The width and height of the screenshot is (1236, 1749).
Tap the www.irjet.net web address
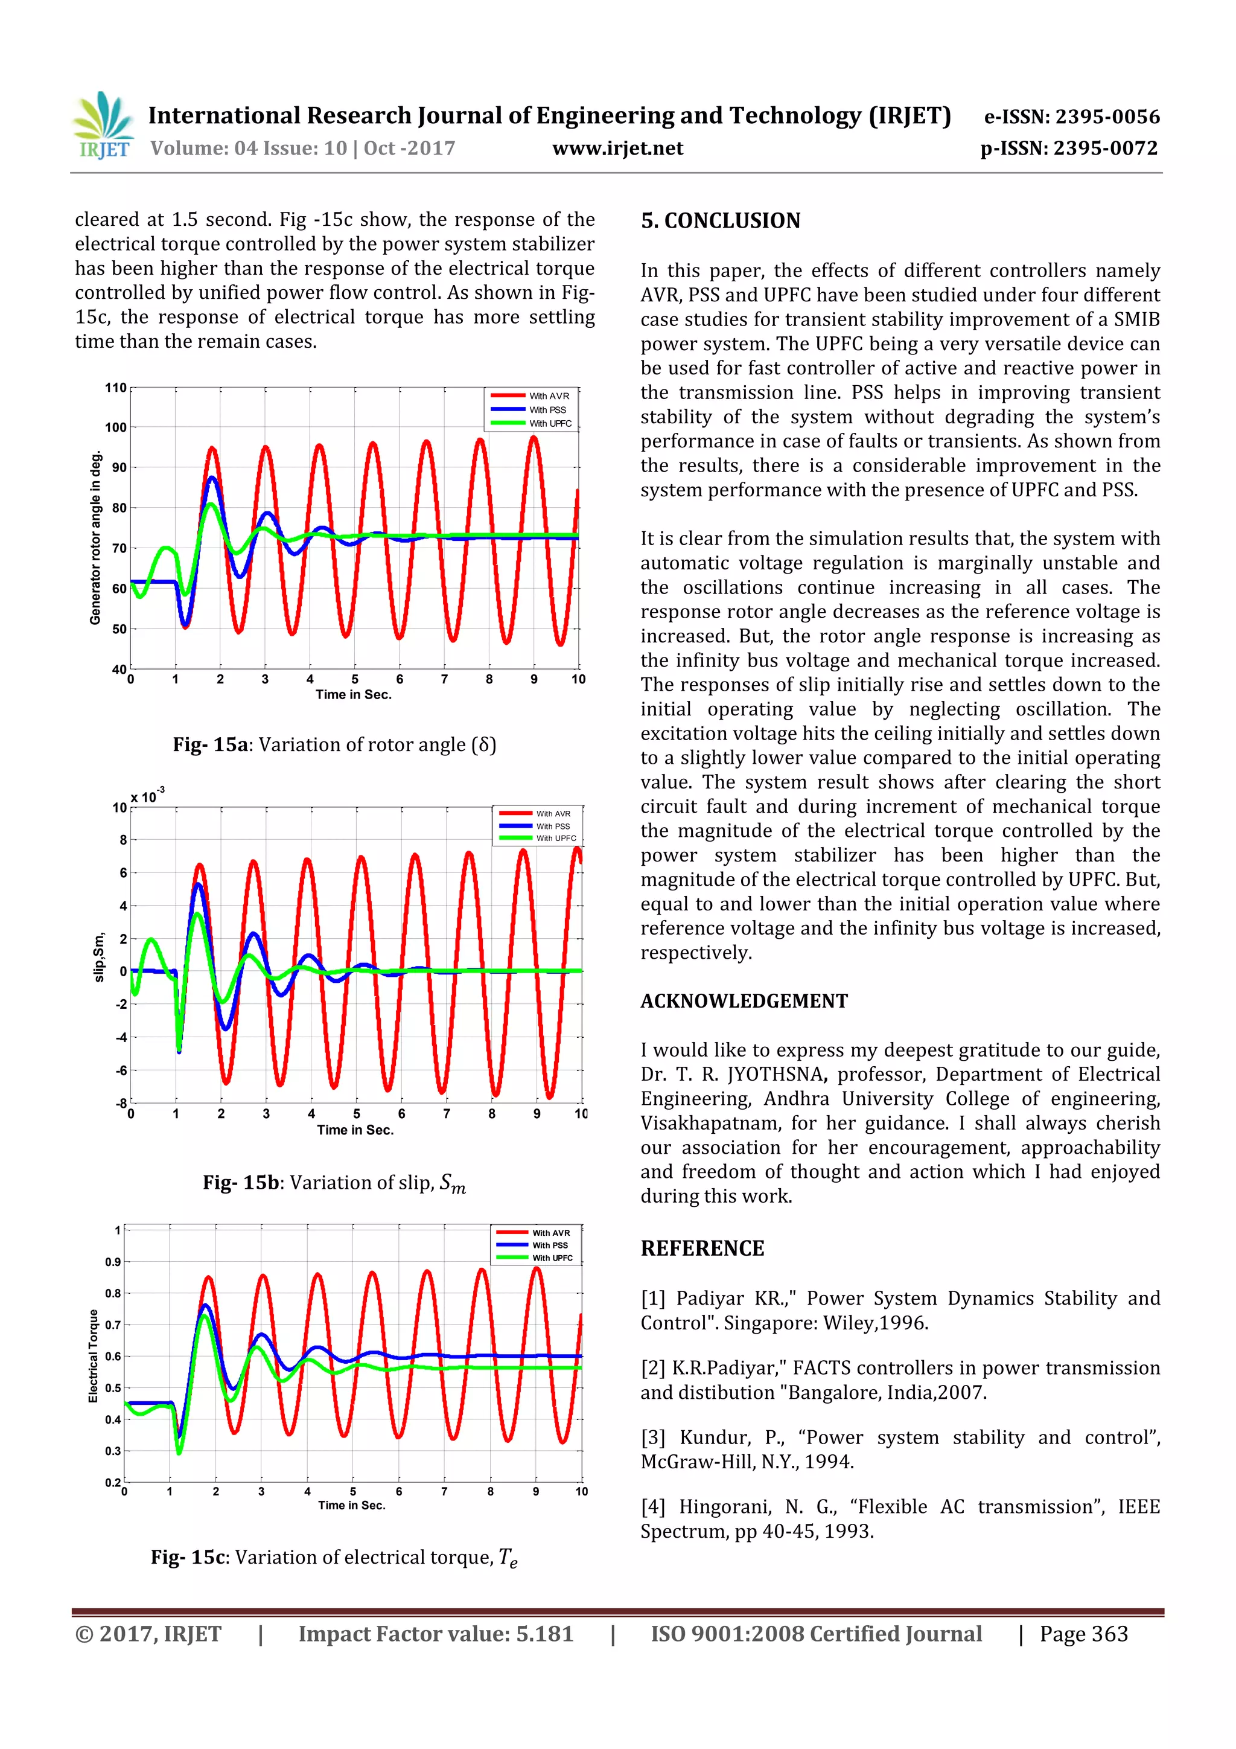click(x=617, y=148)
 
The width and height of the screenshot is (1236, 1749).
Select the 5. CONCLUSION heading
click(x=719, y=221)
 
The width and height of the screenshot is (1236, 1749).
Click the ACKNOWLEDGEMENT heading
click(x=744, y=1001)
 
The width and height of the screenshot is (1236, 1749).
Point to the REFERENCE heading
click(x=701, y=1248)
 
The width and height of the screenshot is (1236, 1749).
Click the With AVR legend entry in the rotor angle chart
click(x=549, y=396)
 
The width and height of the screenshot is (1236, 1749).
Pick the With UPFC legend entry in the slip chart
click(x=556, y=838)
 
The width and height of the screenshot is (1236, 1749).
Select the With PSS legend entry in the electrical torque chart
click(x=550, y=1245)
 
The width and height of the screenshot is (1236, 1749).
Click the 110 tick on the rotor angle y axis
click(x=115, y=388)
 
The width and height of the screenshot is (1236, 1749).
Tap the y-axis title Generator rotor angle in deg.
click(x=95, y=539)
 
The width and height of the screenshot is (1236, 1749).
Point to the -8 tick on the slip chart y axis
click(x=120, y=1103)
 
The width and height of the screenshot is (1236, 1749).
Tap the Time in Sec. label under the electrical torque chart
click(x=351, y=1505)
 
